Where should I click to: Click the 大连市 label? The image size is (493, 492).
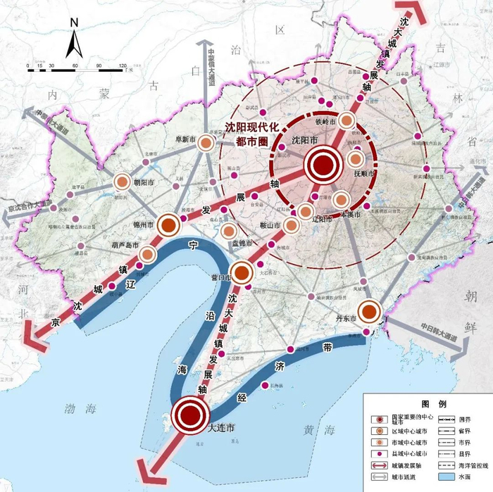click(x=220, y=427)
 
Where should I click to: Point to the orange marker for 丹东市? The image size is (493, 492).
click(x=369, y=310)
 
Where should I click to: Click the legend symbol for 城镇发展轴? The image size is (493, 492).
click(x=380, y=466)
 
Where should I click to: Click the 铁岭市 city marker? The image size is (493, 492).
click(x=347, y=121)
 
